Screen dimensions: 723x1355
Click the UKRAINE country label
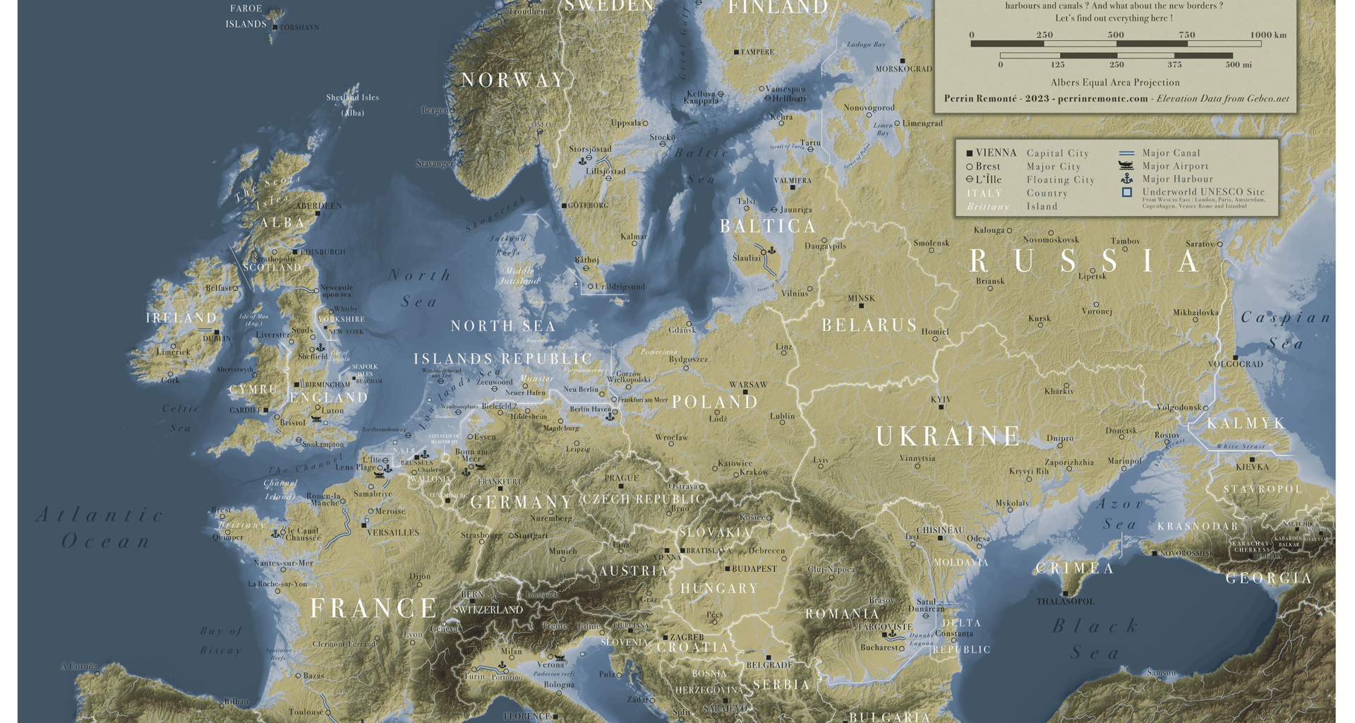(x=948, y=436)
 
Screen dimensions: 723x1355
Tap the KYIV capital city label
(x=941, y=400)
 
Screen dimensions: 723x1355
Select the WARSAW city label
(x=748, y=385)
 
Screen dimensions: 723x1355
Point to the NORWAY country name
(x=513, y=80)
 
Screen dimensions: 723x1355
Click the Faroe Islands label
(x=246, y=16)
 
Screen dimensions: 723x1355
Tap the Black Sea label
(x=1095, y=638)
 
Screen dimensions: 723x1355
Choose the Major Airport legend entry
(x=1175, y=166)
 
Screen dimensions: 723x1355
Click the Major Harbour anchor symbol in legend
(x=1126, y=179)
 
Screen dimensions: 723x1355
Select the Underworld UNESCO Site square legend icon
(x=1126, y=192)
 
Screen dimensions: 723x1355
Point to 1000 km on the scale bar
(x=1267, y=35)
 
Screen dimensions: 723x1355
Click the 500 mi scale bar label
(x=1238, y=65)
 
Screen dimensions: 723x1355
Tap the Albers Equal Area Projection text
(x=1115, y=83)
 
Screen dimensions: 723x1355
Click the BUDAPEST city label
(x=754, y=568)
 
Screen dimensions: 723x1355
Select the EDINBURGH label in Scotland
(x=323, y=252)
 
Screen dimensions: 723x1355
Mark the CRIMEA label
(x=1074, y=568)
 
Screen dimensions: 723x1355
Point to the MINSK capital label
(x=861, y=299)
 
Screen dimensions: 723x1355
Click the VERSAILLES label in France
(x=393, y=532)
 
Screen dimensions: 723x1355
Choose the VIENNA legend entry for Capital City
(x=996, y=153)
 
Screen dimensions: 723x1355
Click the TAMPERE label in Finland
(x=757, y=52)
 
